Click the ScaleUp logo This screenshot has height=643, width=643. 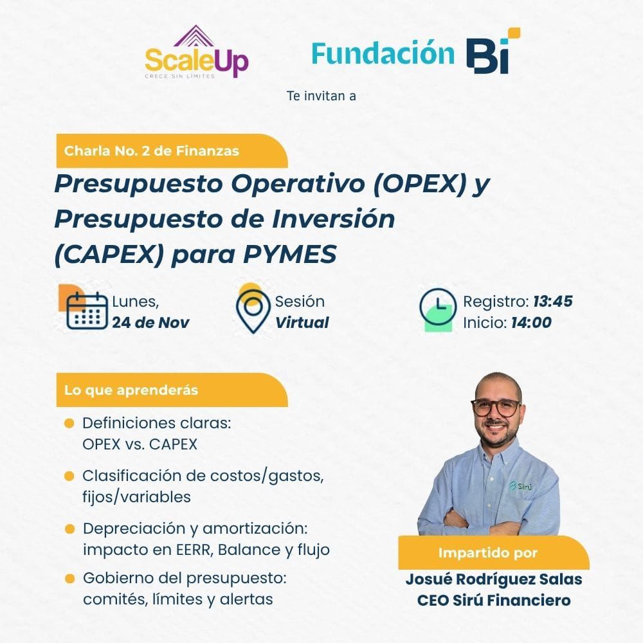pyautogui.click(x=197, y=52)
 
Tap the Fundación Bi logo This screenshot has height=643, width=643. pyautogui.click(x=416, y=51)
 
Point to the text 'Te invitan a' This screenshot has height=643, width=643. pyautogui.click(x=321, y=96)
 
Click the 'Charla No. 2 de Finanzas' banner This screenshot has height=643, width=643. pyautogui.click(x=172, y=151)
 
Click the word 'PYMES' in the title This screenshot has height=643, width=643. pyautogui.click(x=290, y=254)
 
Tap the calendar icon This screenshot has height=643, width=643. pyautogui.click(x=87, y=311)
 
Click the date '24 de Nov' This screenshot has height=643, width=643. pyautogui.click(x=150, y=323)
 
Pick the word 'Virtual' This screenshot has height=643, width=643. pyautogui.click(x=302, y=323)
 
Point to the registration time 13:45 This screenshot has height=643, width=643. pyautogui.click(x=552, y=302)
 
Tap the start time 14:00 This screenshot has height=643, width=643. pyautogui.click(x=531, y=323)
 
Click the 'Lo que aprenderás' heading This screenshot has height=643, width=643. pyautogui.click(x=131, y=390)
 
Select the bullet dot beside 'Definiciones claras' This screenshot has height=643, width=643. pyautogui.click(x=69, y=423)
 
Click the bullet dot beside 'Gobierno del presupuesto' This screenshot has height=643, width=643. pyautogui.click(x=69, y=579)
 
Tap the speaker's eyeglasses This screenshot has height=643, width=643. pyautogui.click(x=496, y=407)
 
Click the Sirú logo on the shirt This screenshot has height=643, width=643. pyautogui.click(x=521, y=486)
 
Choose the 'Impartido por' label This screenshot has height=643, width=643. pyautogui.click(x=487, y=553)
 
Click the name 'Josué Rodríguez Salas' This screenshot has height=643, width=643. pyautogui.click(x=494, y=579)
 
